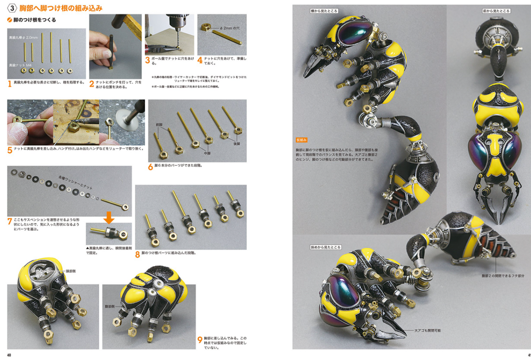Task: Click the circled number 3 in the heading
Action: [12, 8]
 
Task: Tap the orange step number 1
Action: [9, 82]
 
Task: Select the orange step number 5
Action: [9, 150]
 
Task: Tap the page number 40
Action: [9, 355]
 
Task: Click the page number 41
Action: [527, 355]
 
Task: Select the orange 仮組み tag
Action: [302, 140]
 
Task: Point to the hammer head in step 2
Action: [124, 21]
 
